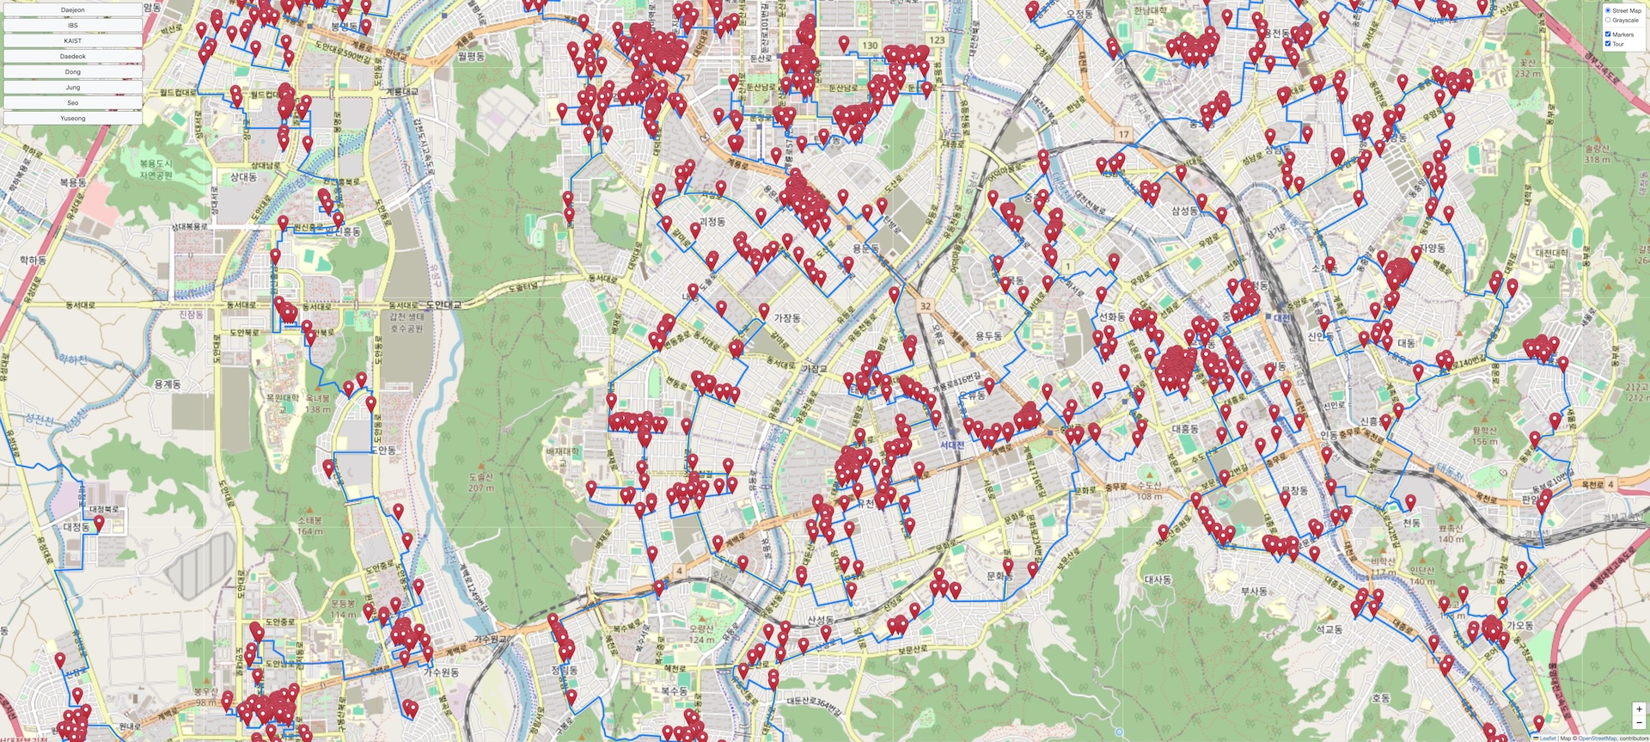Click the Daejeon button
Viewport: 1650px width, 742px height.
click(73, 10)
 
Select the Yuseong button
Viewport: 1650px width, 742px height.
click(73, 118)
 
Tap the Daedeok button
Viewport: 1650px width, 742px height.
click(73, 57)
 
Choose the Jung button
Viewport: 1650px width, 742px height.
click(73, 87)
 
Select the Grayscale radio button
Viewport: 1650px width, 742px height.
click(1608, 20)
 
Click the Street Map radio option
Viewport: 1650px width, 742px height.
click(1608, 10)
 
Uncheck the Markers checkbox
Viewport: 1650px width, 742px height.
click(1608, 34)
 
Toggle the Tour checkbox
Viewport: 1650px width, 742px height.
click(1608, 44)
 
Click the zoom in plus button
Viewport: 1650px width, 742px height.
click(1639, 709)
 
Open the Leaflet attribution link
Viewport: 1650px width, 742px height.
click(1547, 738)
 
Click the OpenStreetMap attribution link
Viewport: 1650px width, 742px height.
click(1597, 738)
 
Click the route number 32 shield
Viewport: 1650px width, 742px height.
click(925, 305)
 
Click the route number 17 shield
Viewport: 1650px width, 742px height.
click(1123, 134)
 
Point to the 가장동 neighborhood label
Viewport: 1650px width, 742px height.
click(787, 318)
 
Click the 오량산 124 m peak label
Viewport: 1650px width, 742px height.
click(702, 634)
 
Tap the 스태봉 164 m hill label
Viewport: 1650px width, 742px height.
click(309, 525)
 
